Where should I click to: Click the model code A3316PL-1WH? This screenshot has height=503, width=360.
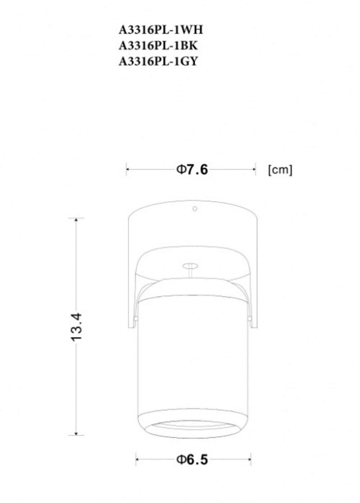161,30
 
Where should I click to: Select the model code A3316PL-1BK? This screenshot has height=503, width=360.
158,46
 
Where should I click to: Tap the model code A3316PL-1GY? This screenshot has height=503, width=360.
158,61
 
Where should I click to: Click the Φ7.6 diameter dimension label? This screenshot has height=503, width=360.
192,169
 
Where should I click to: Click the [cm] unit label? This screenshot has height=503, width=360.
280,170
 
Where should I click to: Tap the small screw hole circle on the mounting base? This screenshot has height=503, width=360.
195,208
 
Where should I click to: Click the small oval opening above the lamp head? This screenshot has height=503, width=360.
191,266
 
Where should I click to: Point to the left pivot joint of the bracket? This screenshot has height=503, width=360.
135,318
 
